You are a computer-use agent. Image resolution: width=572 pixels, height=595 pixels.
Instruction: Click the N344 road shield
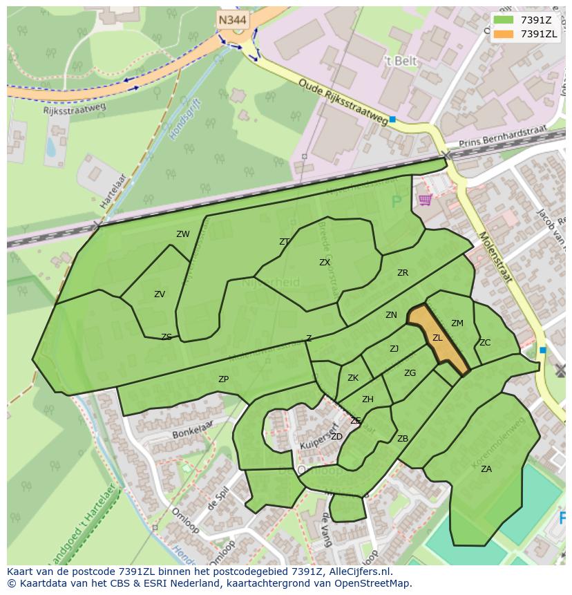tap(233, 20)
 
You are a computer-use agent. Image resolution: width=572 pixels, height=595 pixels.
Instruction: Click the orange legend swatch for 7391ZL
tap(504, 34)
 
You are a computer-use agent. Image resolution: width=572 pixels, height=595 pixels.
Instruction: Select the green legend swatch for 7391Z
tap(504, 20)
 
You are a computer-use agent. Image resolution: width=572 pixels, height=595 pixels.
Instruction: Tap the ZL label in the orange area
tap(437, 338)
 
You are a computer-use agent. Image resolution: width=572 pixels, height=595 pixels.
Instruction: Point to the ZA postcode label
tap(486, 469)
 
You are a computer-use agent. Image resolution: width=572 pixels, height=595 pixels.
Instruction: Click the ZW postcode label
tap(182, 234)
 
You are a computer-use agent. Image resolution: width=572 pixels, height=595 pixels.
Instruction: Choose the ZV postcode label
tap(160, 294)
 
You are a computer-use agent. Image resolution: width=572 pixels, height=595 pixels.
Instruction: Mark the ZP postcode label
tap(223, 379)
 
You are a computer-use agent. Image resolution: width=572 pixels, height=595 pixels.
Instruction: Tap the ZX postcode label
tap(325, 263)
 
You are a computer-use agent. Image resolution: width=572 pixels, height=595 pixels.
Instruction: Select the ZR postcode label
tap(403, 273)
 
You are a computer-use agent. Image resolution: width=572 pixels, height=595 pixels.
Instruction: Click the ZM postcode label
tap(457, 323)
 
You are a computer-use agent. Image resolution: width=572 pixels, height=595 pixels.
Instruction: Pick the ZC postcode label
tap(485, 343)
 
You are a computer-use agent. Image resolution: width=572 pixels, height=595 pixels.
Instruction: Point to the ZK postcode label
tap(353, 378)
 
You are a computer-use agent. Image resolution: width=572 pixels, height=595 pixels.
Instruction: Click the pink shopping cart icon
tap(425, 200)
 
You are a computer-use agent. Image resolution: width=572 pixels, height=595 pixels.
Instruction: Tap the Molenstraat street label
tap(495, 257)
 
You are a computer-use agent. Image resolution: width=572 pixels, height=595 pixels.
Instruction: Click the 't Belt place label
tap(401, 61)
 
